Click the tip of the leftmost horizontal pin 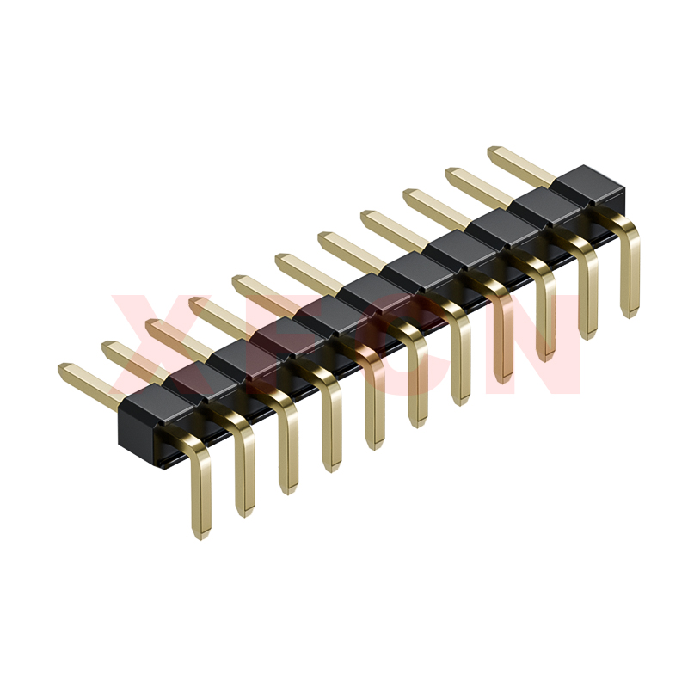point(60,369)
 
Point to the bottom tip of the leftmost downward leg point(200,537)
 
